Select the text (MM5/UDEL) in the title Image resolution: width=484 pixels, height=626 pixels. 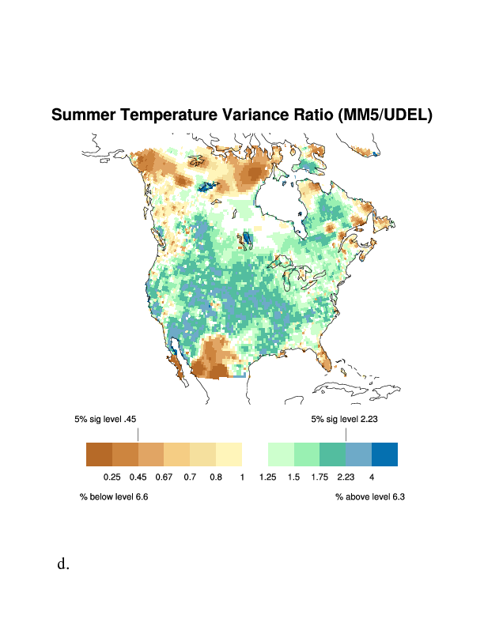384,115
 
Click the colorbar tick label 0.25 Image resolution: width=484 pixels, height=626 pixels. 112,477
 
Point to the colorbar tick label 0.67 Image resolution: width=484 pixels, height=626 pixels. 164,477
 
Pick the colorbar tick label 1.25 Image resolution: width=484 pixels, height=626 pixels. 267,477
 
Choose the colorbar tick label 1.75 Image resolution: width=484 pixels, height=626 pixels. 320,477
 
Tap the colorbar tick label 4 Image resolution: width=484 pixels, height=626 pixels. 371,477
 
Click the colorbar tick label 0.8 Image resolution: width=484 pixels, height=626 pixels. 216,477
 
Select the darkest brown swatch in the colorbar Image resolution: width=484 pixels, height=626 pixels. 99,454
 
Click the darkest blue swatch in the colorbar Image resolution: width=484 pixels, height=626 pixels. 384,454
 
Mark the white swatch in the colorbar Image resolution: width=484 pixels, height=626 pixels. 255,454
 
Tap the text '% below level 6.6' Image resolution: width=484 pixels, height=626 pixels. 114,496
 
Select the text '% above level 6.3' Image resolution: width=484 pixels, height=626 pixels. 370,496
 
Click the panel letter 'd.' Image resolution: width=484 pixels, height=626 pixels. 63,564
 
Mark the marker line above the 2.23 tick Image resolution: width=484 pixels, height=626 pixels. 346,435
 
